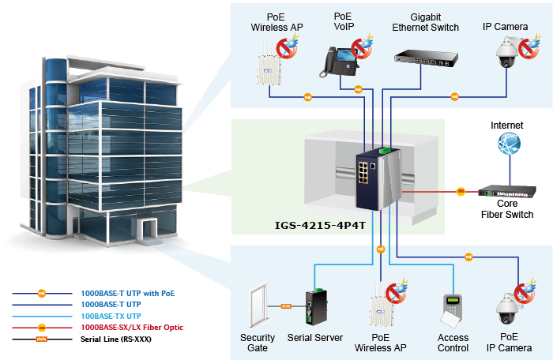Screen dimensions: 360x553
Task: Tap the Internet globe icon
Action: [x=508, y=144]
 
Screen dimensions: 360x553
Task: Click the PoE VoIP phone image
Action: [x=337, y=59]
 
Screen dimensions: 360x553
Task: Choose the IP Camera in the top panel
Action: [x=506, y=54]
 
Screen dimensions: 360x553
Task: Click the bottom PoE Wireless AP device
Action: [x=382, y=306]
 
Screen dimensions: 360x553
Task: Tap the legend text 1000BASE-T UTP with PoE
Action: [x=127, y=293]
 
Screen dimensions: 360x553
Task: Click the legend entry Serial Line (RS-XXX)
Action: [x=115, y=339]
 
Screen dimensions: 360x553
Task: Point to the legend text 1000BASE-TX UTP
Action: [x=110, y=316]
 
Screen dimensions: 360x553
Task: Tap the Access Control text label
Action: [x=453, y=343]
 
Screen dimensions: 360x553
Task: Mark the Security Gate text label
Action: [x=258, y=343]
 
